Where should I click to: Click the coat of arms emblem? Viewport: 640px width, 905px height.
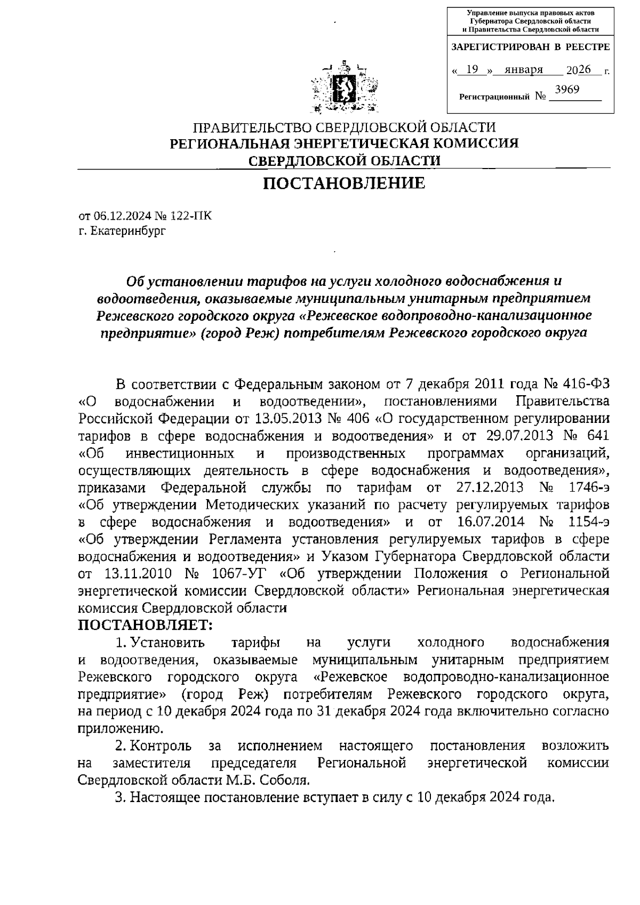tap(345, 89)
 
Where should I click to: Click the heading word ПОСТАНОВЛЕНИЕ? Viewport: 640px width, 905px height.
tap(345, 184)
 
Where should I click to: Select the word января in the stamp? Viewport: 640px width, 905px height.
tap(524, 70)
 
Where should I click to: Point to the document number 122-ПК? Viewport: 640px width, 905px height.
tap(189, 216)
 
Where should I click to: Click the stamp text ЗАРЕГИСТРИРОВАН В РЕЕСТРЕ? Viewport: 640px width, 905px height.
tap(530, 47)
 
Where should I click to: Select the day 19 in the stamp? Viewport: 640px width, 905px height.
tap(471, 70)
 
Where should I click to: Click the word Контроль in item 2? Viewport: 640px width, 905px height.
tap(160, 745)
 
